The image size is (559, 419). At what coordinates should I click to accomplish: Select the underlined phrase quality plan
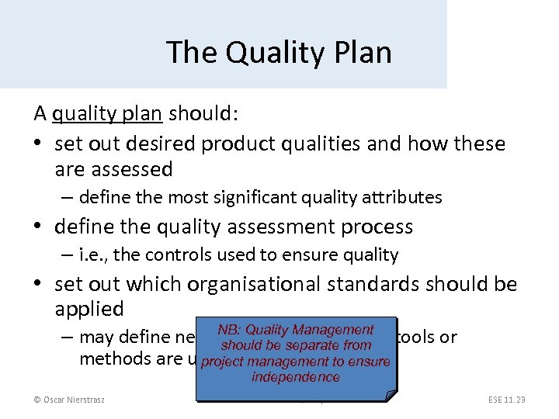106,113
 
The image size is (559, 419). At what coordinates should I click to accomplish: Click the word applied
89,309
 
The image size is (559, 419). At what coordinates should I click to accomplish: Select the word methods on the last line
109,358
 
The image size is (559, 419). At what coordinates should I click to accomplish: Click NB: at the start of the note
229,331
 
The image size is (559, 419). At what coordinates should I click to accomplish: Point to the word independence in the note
296,377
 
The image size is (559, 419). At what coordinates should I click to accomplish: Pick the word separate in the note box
314,346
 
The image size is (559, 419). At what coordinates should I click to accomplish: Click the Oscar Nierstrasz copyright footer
69,400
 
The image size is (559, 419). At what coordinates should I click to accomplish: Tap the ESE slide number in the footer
507,400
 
